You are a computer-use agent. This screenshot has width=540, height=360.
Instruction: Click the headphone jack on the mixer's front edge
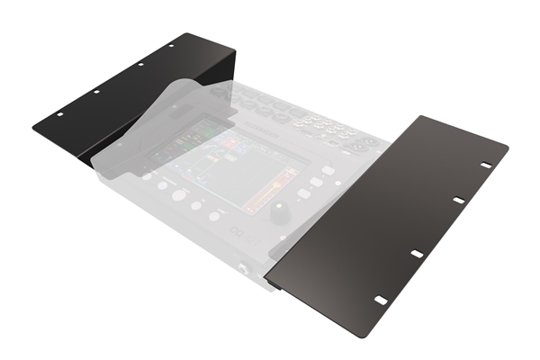[x=243, y=270]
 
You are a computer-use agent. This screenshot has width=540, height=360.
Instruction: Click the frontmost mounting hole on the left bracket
[x=59, y=115]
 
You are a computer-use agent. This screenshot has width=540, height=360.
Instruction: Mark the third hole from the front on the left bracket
[x=139, y=64]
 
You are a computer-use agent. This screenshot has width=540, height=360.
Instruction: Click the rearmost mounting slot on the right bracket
[x=486, y=165]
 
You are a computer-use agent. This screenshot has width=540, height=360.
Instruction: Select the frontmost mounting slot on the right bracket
[x=380, y=298]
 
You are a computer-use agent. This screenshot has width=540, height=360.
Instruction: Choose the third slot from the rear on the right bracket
[x=418, y=253]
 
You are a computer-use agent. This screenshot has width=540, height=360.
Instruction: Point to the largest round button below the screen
[x=180, y=194]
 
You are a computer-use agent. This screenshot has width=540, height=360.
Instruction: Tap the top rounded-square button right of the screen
[x=329, y=169]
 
